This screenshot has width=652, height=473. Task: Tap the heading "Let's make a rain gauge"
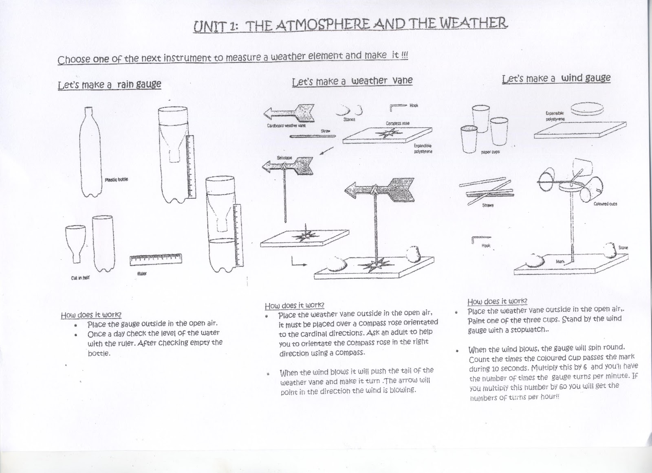[110, 85]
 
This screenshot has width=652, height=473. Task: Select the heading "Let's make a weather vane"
[352, 81]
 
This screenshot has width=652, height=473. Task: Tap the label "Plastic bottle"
[116, 180]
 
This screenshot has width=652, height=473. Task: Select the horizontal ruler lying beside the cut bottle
[156, 259]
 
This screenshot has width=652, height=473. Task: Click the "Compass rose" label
[397, 123]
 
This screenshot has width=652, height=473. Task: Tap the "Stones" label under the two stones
[349, 119]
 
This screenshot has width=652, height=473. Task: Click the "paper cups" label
[490, 152]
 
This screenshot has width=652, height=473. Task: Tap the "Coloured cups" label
[605, 204]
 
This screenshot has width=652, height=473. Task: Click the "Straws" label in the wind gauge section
[488, 205]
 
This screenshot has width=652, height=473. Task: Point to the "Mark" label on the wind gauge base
[560, 262]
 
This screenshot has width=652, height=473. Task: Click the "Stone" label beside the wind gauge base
[623, 247]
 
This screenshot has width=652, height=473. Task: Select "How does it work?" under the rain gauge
[91, 315]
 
